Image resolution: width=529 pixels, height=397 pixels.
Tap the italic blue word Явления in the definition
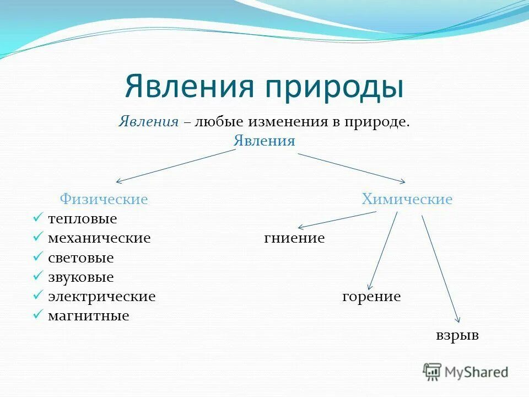pos(148,122)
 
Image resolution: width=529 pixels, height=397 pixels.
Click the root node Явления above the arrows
pos(264,141)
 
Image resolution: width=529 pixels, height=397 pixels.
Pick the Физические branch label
pos(104,199)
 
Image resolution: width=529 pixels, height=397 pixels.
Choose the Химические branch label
pos(407,199)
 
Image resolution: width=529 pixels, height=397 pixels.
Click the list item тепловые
pos(82,219)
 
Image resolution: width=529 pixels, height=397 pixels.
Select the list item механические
pos(99,238)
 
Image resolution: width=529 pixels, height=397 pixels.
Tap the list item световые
pos(80,257)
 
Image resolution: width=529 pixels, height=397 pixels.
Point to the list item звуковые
pos(80,277)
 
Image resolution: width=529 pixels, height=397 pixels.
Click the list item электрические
pos(101,297)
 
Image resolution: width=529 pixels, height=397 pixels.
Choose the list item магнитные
pos(88,316)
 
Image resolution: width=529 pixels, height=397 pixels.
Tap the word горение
pos(371,297)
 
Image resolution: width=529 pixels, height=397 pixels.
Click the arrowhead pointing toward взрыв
pos(456,318)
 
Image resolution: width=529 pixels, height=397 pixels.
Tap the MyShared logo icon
pos(433,372)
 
